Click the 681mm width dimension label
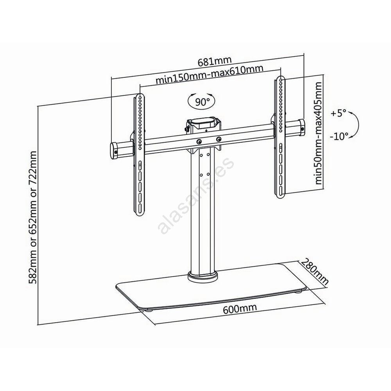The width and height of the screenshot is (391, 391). click(215, 61)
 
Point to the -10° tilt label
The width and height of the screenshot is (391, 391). click(339, 136)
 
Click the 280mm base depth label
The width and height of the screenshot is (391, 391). click(315, 272)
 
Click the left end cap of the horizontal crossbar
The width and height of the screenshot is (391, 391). click(115, 151)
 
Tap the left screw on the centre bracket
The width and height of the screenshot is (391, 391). click(199, 141)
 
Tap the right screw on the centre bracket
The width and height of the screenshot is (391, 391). click(219, 139)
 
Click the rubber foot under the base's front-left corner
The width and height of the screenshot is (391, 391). click(150, 310)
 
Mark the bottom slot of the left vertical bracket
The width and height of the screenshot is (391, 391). click(140, 209)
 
